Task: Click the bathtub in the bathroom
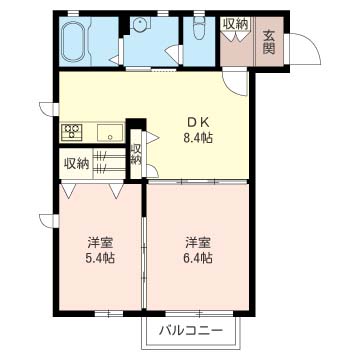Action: click(x=75, y=42)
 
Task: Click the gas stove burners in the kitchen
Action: click(x=73, y=130)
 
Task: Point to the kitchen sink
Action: click(x=107, y=130)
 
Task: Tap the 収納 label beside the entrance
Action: click(x=236, y=24)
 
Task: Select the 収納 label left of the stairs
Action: click(x=76, y=163)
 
